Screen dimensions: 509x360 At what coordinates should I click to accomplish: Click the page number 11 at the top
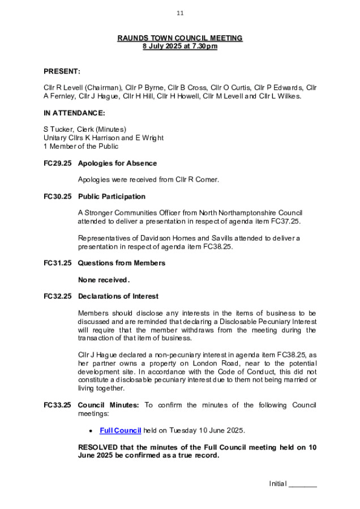pyautogui.click(x=180, y=13)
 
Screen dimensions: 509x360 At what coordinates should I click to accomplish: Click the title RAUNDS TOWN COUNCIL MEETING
pyautogui.click(x=180, y=38)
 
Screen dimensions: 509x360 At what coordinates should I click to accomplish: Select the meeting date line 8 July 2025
pyautogui.click(x=180, y=46)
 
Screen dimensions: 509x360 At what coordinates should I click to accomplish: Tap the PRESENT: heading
pyautogui.click(x=62, y=72)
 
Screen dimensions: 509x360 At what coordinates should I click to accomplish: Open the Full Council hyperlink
pyautogui.click(x=120, y=431)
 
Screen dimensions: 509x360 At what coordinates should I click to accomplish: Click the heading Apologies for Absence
pyautogui.click(x=117, y=163)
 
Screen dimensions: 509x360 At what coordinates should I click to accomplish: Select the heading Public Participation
pyautogui.click(x=112, y=197)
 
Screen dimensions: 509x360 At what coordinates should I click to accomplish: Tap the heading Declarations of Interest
pyautogui.click(x=118, y=296)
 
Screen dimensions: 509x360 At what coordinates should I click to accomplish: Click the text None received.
pyautogui.click(x=104, y=280)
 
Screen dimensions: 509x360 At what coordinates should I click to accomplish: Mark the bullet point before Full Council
pyautogui.click(x=91, y=432)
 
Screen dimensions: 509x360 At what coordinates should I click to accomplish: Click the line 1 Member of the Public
pyautogui.click(x=81, y=146)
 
